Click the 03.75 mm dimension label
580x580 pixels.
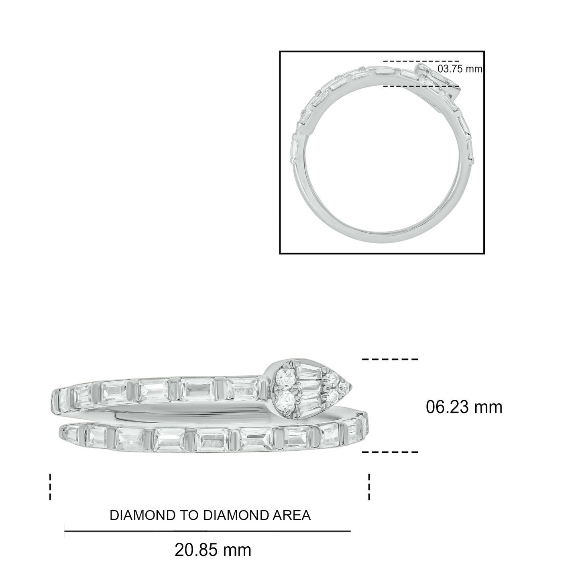point(460,69)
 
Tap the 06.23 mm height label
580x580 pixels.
point(464,407)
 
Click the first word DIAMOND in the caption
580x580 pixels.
point(142,515)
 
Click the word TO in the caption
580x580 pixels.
point(189,515)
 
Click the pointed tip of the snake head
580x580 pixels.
point(352,386)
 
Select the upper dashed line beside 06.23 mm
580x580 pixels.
point(390,359)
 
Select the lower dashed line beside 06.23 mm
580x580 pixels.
point(390,452)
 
